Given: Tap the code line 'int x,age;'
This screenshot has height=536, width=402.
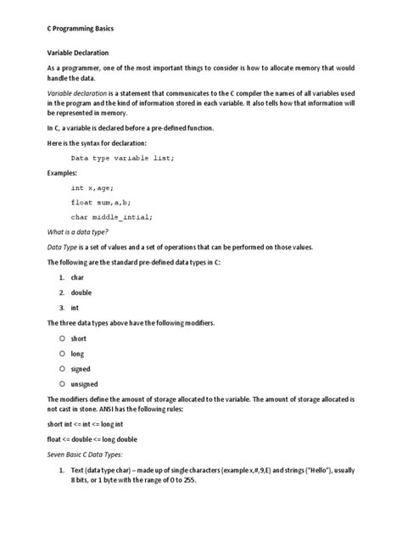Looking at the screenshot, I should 92,187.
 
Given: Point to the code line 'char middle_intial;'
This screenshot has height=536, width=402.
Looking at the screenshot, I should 112,217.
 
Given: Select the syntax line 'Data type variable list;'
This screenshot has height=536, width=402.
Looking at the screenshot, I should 122,158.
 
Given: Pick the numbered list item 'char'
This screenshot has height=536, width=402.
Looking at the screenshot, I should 77,277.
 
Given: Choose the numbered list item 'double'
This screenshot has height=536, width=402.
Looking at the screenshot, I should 81,293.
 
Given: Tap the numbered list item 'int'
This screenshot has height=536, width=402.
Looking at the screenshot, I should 75,308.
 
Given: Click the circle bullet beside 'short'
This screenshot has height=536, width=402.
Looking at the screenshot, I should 62,338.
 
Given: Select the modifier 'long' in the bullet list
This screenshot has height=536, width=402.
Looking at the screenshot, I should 77,353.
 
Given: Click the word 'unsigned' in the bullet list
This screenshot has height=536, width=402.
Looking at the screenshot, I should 84,383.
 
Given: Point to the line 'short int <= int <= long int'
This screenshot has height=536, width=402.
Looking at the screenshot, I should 98,423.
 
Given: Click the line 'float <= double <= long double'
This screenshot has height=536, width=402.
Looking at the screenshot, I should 102,438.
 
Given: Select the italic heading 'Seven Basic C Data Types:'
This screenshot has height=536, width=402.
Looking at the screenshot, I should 90,454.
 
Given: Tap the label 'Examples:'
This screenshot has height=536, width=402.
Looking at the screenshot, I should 62,172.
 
